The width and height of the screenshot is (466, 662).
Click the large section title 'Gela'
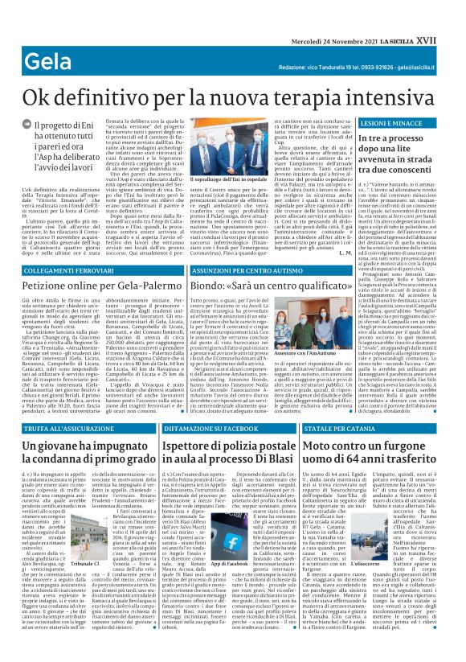(31, 39)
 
